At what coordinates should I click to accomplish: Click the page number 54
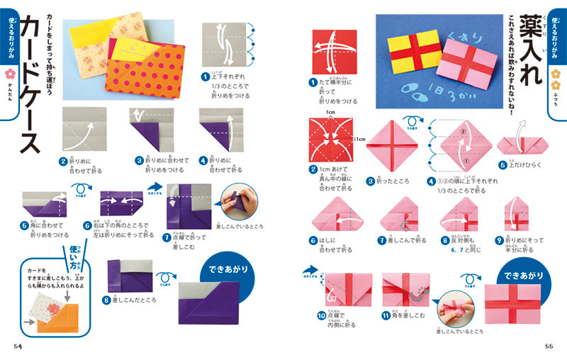17,345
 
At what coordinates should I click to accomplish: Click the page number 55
549,345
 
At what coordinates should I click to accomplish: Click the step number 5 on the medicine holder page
503,164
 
